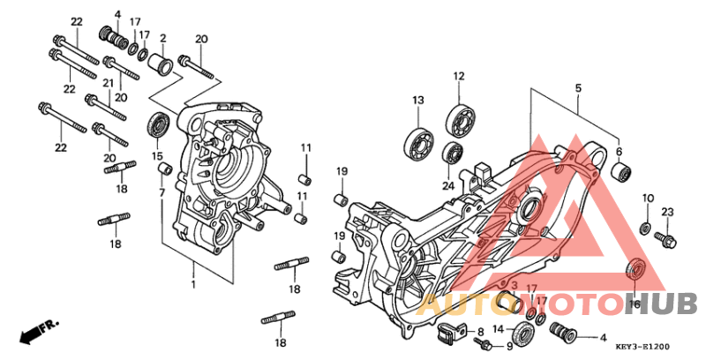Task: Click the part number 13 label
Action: [x=417, y=100]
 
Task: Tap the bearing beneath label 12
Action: [x=459, y=117]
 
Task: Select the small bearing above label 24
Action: [x=452, y=152]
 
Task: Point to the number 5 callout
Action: [x=578, y=89]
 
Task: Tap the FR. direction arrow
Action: [x=35, y=331]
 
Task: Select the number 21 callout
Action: [x=108, y=82]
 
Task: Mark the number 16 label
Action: [x=633, y=304]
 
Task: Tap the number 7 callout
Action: [x=161, y=191]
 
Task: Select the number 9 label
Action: [x=509, y=346]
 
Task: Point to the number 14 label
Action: [x=498, y=329]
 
